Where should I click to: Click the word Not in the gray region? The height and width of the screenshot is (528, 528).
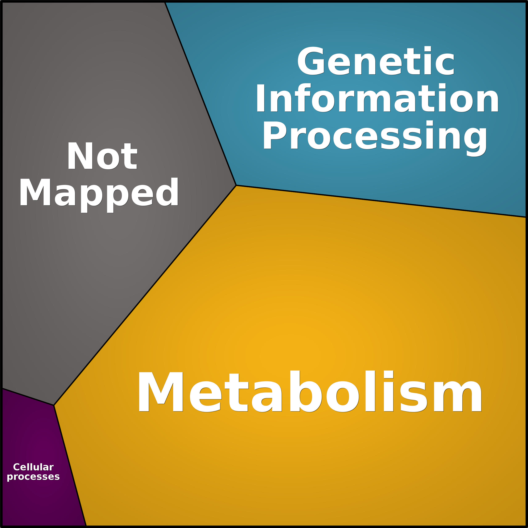click(x=102, y=156)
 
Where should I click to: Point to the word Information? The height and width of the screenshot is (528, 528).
click(x=377, y=98)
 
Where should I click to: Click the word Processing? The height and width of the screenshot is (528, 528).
click(x=375, y=138)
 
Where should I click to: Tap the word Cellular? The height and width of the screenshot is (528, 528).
click(x=33, y=467)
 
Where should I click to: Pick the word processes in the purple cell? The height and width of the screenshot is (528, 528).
click(x=33, y=477)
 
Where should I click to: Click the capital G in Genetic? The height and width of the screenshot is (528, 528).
click(x=311, y=61)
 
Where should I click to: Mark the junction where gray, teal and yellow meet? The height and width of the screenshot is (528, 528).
click(x=236, y=185)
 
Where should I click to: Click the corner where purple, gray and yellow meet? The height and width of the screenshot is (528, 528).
click(x=54, y=405)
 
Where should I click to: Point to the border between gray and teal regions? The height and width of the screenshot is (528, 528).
click(x=200, y=94)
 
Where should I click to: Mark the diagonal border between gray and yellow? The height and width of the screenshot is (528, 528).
click(x=145, y=295)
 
